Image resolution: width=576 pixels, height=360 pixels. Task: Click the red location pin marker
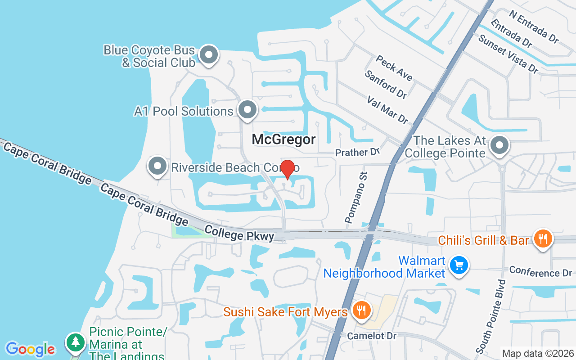coord(288,169)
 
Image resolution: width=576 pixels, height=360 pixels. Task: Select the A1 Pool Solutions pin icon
coord(247,110)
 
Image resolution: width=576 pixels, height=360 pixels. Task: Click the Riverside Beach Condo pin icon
coord(157,166)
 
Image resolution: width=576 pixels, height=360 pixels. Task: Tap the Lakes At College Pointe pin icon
coord(499,145)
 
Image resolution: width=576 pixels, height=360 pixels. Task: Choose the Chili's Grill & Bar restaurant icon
coord(543,238)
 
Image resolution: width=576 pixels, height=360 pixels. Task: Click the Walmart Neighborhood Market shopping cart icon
coord(459,265)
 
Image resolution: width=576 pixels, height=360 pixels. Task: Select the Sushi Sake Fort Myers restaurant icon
coord(360,310)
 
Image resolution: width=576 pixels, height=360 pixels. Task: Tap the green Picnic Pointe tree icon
coord(76,343)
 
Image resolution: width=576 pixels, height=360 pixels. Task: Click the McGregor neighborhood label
coord(283,139)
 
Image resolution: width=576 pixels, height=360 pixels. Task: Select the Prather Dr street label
coord(358,153)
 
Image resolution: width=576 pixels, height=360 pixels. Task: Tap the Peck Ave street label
coord(394,68)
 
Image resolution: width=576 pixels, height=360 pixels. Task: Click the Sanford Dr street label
coord(386,84)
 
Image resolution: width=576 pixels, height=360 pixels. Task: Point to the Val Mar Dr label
coord(387,110)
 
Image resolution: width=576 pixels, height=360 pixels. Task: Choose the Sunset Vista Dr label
coord(508,54)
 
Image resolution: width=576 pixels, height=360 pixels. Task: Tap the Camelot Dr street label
coord(371,336)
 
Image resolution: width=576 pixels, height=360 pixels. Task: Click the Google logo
coord(30,349)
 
